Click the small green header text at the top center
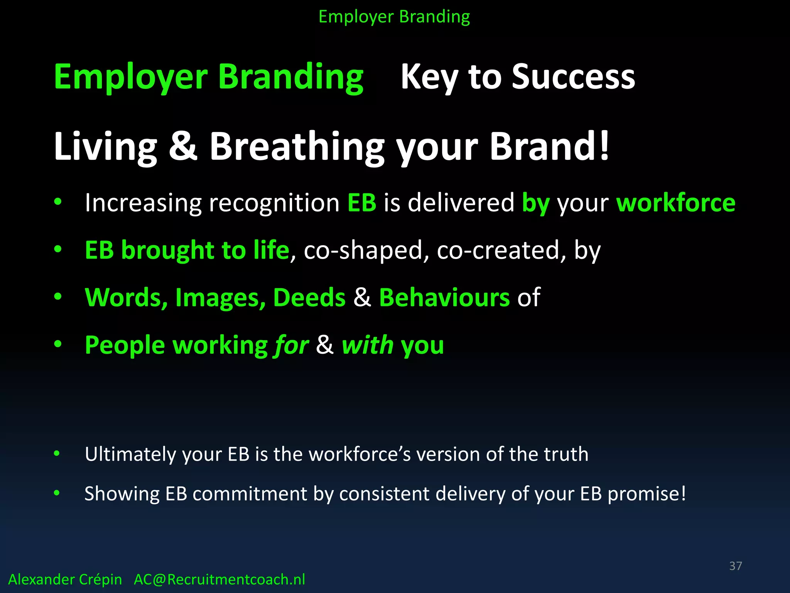394,17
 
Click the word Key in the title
429,77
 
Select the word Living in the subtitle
105,147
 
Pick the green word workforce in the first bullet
675,203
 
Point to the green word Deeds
309,298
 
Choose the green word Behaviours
444,298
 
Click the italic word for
292,345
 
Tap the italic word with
367,345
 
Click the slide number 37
735,566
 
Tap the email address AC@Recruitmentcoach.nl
219,579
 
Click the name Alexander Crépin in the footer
65,579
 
